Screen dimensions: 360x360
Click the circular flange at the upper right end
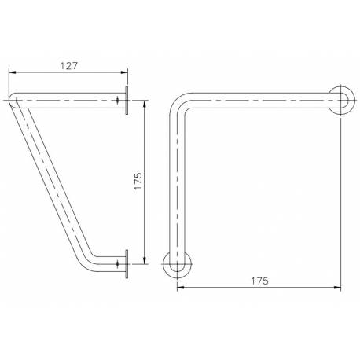click(340, 101)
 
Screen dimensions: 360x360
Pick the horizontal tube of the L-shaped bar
click(259, 101)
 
